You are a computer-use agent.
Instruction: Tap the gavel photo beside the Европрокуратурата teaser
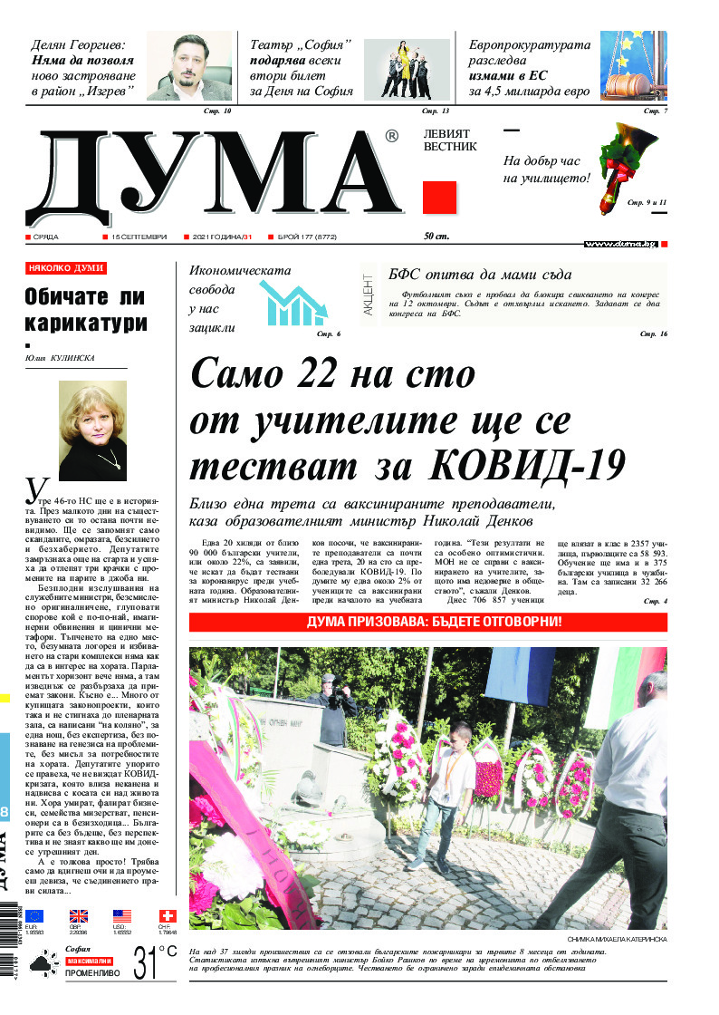634,66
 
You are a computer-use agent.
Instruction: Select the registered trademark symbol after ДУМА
391,137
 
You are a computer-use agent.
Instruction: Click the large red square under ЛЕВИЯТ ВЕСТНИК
439,197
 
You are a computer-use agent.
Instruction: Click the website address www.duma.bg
619,244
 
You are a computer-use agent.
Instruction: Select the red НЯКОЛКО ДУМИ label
66,268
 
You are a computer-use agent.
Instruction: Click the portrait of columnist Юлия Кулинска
91,430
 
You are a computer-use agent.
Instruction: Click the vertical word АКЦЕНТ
368,295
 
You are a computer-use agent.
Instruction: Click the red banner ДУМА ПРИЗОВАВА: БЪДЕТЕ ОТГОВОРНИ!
427,622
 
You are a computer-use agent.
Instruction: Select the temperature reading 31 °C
154,962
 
